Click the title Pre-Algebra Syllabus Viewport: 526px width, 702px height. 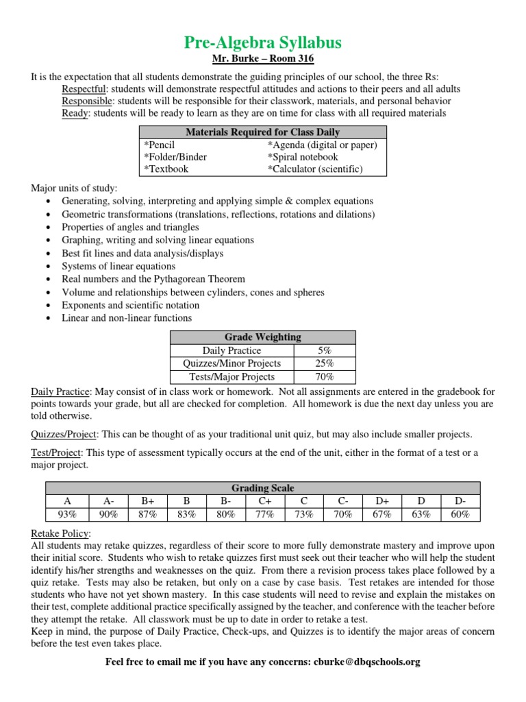click(263, 43)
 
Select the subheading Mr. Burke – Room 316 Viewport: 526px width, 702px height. click(263, 60)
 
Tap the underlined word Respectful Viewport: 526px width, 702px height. click(84, 89)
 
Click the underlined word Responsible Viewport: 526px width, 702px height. click(86, 101)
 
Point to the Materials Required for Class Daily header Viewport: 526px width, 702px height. click(263, 132)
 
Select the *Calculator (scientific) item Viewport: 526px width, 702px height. click(315, 169)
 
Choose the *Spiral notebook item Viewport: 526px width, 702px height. click(302, 157)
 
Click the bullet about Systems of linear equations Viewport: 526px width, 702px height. click(118, 267)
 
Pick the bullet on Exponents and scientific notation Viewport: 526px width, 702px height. click(131, 305)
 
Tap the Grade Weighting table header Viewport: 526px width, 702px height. click(263, 337)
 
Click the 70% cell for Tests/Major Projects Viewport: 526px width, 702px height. click(325, 376)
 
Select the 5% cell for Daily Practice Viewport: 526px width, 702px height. click(325, 350)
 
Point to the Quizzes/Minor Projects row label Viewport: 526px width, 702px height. click(231, 363)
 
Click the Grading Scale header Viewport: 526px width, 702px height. click(263, 488)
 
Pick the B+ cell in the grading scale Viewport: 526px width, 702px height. click(145, 501)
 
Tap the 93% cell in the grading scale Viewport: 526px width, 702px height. click(66, 514)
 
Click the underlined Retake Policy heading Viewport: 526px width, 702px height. click(60, 533)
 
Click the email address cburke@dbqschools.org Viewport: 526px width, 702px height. click(366, 662)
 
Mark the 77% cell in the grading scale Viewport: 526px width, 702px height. click(263, 514)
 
